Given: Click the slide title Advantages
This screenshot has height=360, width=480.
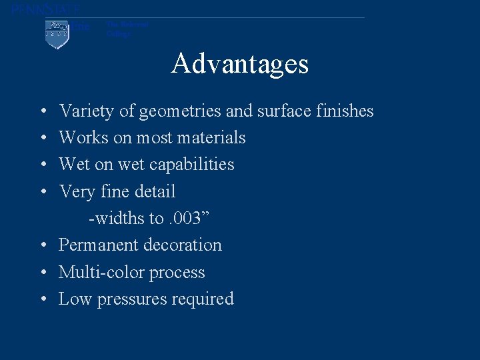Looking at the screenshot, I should [240, 64].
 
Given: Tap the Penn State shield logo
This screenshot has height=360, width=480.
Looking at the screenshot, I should [57, 34].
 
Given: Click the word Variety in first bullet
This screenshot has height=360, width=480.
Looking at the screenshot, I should [87, 111].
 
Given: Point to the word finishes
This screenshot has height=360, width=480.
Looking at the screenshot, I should [342, 111].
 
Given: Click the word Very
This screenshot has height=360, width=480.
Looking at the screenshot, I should [76, 192].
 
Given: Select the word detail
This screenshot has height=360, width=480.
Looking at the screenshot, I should [155, 191].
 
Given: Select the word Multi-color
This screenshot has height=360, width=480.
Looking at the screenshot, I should [101, 272].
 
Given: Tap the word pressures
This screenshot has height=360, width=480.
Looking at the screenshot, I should [131, 299].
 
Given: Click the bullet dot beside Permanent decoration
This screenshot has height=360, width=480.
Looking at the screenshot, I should [42, 245].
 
